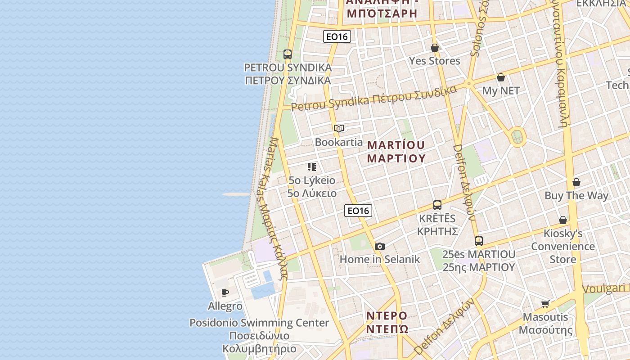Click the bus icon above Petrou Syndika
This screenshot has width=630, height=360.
pyautogui.click(x=288, y=54)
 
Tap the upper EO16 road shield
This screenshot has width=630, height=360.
pyautogui.click(x=337, y=36)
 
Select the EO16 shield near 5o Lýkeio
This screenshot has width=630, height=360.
pyautogui.click(x=358, y=210)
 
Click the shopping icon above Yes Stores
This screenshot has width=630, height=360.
pyautogui.click(x=435, y=47)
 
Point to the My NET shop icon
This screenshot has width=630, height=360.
pyautogui.click(x=501, y=77)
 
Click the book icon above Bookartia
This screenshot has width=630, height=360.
pyautogui.click(x=339, y=129)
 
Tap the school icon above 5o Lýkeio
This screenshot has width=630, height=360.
pyautogui.click(x=312, y=167)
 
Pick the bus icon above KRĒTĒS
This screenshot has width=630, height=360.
pyautogui.click(x=437, y=205)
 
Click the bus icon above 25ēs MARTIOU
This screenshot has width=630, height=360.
pyautogui.click(x=478, y=241)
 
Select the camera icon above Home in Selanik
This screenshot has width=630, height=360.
pyautogui.click(x=380, y=246)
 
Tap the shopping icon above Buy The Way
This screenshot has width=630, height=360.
pyautogui.click(x=576, y=182)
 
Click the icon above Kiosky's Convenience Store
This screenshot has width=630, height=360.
pyautogui.click(x=562, y=220)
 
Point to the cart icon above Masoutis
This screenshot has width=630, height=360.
pyautogui.click(x=545, y=304)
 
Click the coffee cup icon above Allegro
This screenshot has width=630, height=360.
pyautogui.click(x=225, y=293)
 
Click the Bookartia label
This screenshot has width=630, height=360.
pyautogui.click(x=338, y=142)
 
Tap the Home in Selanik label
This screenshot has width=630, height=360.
pyautogui.click(x=379, y=259)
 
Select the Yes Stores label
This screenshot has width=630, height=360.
pyautogui.click(x=434, y=61)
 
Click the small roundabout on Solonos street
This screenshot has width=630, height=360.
pyautogui.click(x=468, y=83)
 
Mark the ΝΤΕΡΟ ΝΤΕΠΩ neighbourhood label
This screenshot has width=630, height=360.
pyautogui.click(x=387, y=322)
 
